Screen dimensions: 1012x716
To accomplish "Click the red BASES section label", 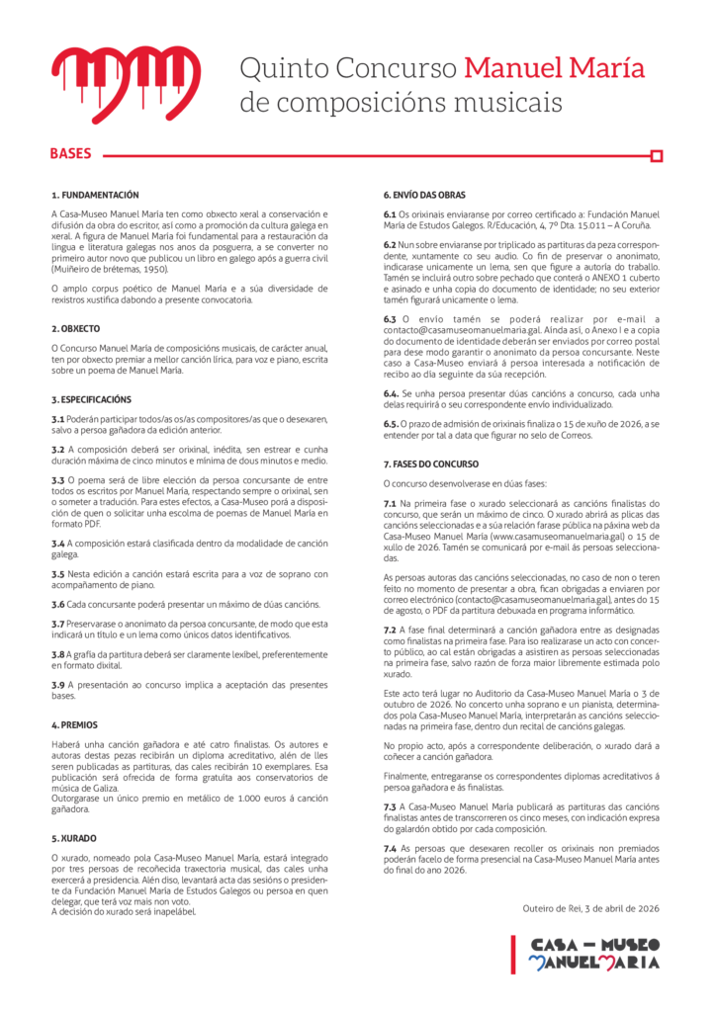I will tap(70, 154).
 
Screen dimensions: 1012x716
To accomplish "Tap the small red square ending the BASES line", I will tap(656, 155).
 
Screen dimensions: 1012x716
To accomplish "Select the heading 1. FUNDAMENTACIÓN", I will tap(95, 196).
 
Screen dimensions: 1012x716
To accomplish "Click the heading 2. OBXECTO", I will tap(76, 327).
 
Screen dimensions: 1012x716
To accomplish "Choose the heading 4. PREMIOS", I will tap(75, 724).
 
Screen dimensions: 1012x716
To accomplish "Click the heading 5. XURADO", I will tap(74, 837).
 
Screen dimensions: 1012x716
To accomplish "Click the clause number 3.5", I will tap(58, 573).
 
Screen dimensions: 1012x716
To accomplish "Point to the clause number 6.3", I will tap(390, 319).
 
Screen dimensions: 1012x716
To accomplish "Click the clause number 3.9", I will tap(58, 685).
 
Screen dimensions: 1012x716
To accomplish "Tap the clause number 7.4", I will tap(390, 849).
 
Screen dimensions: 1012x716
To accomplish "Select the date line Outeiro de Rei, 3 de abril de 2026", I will tap(591, 908).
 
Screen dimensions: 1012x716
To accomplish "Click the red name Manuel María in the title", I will tap(554, 69).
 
